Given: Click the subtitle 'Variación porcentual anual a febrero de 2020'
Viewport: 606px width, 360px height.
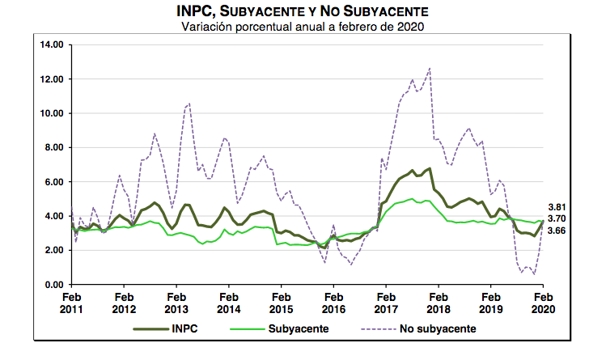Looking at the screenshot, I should coord(303,27).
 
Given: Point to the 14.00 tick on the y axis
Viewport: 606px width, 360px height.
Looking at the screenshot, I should coord(51,44).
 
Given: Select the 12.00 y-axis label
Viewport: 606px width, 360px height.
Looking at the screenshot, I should coord(51,79).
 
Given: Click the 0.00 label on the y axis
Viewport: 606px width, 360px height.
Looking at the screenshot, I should coord(53,285).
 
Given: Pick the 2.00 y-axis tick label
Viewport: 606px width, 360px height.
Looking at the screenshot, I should coord(53,250).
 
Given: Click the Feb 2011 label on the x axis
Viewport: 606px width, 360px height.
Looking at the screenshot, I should coord(71,303).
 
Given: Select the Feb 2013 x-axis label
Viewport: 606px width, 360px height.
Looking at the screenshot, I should coord(176,303).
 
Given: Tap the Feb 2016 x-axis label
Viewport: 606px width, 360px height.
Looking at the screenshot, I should coord(333,303).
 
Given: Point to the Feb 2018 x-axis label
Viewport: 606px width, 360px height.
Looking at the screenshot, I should coord(438,303).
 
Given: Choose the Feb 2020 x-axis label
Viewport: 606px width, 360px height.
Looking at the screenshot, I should coord(542,303).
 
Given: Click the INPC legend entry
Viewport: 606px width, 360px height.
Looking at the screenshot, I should coord(183,329).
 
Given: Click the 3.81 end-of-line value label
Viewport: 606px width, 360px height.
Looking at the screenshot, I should coord(557,208).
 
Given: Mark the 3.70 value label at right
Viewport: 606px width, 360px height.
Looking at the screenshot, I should coord(557,218).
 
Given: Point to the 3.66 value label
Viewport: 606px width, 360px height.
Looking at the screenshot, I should coord(557,231).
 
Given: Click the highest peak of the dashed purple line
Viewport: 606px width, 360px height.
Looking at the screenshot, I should coord(429,68).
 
